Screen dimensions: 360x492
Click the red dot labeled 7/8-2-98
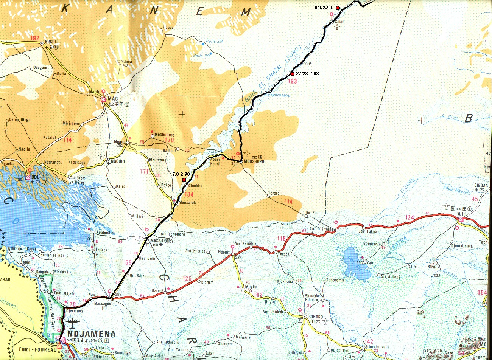(184, 180)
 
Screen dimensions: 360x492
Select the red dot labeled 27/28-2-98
(292, 74)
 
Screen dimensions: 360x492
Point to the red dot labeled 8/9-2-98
(338, 8)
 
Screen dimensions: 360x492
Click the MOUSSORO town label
(254, 162)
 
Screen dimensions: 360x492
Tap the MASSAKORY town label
(162, 241)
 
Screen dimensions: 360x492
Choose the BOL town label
(35, 177)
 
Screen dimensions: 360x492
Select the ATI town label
(461, 214)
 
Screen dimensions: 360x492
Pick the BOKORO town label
(316, 317)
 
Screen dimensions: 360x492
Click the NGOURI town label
(118, 161)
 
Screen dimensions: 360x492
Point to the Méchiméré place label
(164, 135)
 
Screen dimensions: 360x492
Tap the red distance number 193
(292, 81)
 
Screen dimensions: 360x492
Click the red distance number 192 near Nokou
(35, 38)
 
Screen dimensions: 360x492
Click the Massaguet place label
(103, 304)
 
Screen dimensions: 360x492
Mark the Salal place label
(339, 22)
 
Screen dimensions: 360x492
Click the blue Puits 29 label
(214, 42)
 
